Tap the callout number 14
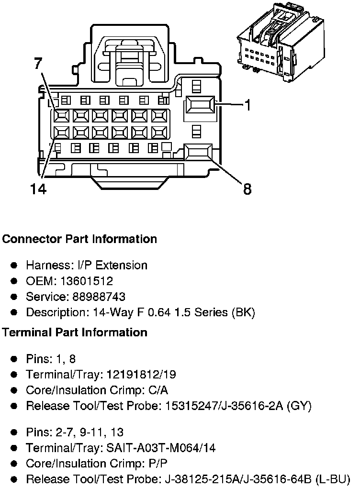click(x=38, y=189)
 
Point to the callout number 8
click(x=247, y=189)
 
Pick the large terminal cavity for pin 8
click(x=198, y=152)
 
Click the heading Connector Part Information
click(x=79, y=239)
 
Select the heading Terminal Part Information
click(x=75, y=332)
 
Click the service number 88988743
click(x=99, y=297)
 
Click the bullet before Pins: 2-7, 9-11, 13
click(x=15, y=433)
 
